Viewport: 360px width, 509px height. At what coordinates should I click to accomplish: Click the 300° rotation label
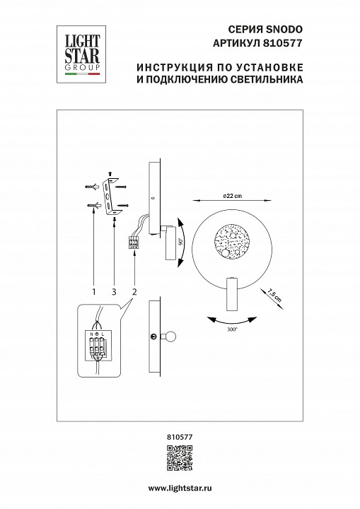pyautogui.click(x=231, y=329)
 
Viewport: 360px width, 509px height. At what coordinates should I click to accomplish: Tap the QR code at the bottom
pyautogui.click(x=180, y=458)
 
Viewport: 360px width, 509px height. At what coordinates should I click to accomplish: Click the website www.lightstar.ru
pyautogui.click(x=180, y=489)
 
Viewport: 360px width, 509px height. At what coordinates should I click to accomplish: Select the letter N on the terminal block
pyautogui.click(x=93, y=332)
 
